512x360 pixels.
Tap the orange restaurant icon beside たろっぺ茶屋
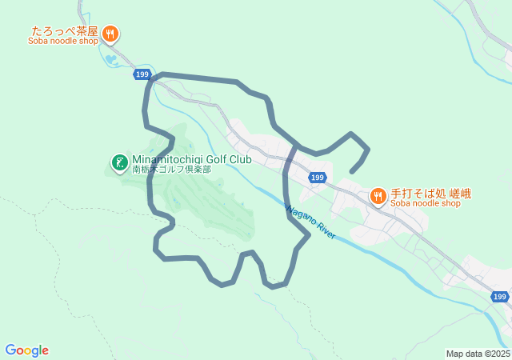tap(111, 34)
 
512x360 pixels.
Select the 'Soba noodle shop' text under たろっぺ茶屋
tap(63, 42)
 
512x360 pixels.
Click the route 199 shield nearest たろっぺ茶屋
tap(142, 74)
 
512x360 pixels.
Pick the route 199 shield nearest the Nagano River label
tap(318, 178)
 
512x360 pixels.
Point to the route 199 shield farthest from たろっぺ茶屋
tap(500, 297)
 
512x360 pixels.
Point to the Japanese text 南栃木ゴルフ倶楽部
tap(171, 170)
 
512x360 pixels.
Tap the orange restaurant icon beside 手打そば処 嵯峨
tap(378, 196)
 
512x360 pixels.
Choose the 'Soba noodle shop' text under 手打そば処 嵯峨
tap(426, 203)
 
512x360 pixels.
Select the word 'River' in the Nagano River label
tap(326, 230)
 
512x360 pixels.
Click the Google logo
tap(26, 350)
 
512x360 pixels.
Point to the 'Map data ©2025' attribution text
tap(478, 354)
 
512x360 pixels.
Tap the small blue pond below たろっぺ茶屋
tap(109, 58)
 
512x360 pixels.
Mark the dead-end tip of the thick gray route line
tap(353, 170)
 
